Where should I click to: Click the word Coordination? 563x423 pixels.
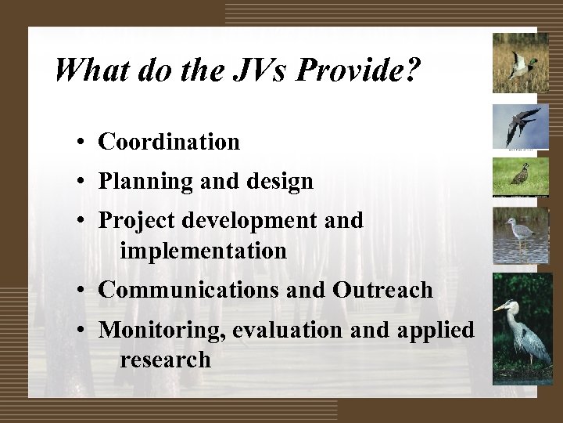169,142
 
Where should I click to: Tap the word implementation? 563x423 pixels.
203,251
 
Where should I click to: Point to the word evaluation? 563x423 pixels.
286,330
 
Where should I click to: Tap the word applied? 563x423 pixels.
435,330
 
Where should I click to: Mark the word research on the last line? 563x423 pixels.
165,360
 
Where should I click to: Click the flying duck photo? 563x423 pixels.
520,63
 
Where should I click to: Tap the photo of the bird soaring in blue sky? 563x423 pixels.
520,125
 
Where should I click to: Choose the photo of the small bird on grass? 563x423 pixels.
520,177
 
